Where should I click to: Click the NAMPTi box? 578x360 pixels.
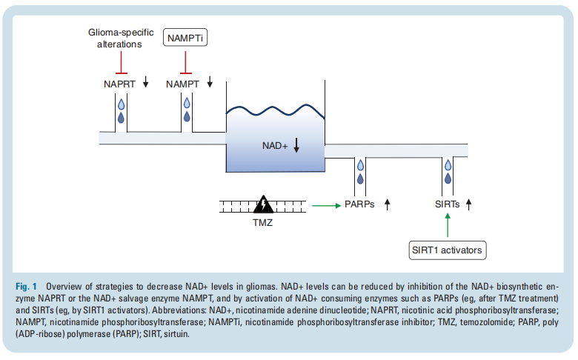pos(185,38)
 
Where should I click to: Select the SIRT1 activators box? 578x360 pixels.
pos(447,250)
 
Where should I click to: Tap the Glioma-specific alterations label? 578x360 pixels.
pos(121,39)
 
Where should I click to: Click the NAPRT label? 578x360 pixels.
pos(119,84)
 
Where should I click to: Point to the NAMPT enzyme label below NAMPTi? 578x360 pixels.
pos(182,84)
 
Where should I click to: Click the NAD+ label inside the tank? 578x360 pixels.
pos(275,146)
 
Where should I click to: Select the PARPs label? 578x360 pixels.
pos(359,204)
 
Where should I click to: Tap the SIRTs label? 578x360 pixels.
pos(447,204)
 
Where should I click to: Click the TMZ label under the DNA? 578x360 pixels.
pos(262,222)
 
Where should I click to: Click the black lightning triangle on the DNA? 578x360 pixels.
pos(263,205)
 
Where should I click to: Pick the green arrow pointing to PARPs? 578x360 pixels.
pos(326,205)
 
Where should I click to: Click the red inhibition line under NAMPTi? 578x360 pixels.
pos(185,63)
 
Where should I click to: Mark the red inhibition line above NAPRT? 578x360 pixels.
pos(122,63)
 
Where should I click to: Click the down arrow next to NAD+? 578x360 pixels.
pos(296,145)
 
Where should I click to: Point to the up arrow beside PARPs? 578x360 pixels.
pos(387,204)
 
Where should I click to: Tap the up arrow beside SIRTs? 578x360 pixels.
pos(468,204)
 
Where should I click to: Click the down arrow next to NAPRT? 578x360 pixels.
pos(145,81)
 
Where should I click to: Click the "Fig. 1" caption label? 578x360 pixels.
pos(26,287)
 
